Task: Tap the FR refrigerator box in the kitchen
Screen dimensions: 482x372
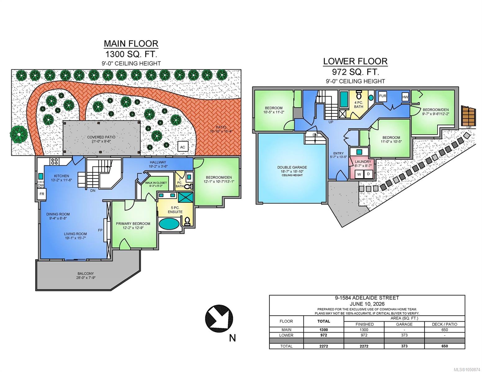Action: coord(42,194)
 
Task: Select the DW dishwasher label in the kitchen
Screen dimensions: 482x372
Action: coord(41,185)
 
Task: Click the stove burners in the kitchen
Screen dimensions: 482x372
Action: coord(55,161)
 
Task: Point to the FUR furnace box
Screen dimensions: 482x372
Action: coord(382,96)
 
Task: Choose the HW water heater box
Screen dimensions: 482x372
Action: coord(405,97)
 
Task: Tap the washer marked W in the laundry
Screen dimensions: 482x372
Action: coord(359,174)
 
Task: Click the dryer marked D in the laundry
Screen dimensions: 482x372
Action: coord(368,174)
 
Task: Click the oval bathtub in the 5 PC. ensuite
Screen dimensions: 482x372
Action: coord(169,224)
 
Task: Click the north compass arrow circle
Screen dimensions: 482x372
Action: coord(219,319)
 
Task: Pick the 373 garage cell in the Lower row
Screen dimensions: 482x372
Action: coord(404,335)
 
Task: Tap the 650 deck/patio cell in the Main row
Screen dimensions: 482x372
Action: coord(444,330)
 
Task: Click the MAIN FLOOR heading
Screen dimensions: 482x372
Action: coord(131,44)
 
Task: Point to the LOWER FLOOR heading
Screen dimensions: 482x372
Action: coord(355,61)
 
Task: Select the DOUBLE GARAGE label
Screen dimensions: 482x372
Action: coord(292,167)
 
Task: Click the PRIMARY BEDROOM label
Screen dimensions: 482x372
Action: coord(133,224)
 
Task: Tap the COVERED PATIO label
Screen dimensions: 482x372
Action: coord(101,137)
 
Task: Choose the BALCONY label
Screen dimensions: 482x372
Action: coord(86,274)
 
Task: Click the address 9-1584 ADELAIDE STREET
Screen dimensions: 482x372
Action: coord(367,298)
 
